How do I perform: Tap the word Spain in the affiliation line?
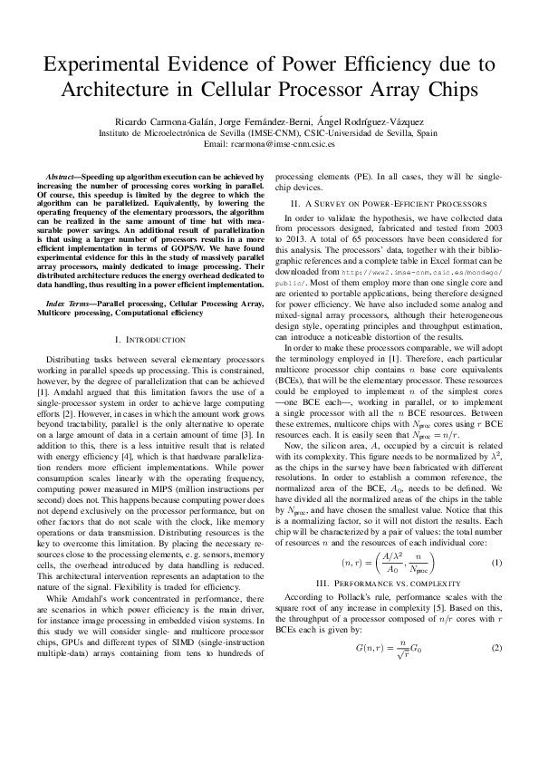[426, 132]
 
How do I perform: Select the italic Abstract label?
[63, 176]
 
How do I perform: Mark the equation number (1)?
[496, 563]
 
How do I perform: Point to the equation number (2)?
[496, 649]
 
